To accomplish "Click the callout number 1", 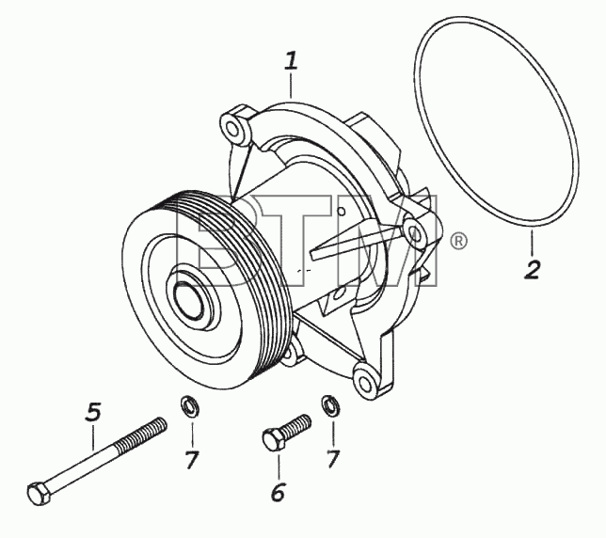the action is (x=292, y=62).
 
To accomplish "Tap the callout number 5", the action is (x=93, y=412).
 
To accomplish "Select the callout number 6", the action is (x=278, y=492).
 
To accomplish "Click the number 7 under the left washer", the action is (x=192, y=460).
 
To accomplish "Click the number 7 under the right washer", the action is (x=333, y=459).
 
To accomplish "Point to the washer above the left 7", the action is (x=190, y=407).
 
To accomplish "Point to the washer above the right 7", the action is (x=330, y=405).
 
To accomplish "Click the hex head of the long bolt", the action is (x=39, y=493).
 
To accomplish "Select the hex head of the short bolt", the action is (x=274, y=440).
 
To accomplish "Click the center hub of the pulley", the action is (x=188, y=300).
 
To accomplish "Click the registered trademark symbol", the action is (x=458, y=241).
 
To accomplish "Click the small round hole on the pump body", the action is (x=341, y=212).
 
